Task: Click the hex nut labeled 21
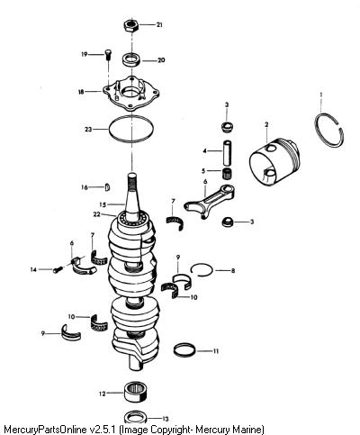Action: coord(130,26)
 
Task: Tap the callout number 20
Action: coord(161,60)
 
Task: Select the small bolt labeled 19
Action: coord(108,55)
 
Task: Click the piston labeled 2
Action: coord(274,162)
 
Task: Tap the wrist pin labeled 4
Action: coord(228,152)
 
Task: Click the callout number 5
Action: coord(203,171)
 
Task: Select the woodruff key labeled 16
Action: coord(108,187)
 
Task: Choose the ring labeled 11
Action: coord(185,350)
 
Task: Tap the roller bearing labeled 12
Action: coord(137,393)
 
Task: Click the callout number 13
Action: coord(165,419)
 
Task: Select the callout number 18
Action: coord(81,92)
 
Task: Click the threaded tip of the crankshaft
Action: coord(132,179)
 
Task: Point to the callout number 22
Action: coord(96,214)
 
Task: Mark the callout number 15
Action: coord(103,204)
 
